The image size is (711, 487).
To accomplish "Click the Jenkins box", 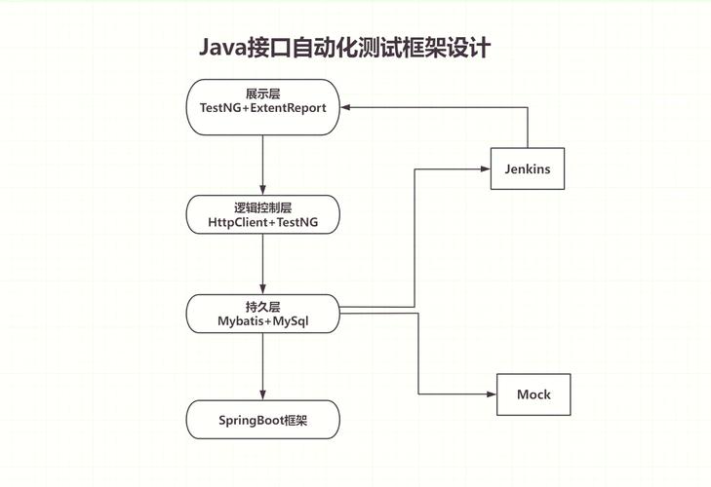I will pyautogui.click(x=528, y=169).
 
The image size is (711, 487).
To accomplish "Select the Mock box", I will pyautogui.click(x=533, y=394).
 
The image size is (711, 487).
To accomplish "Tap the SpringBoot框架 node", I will pyautogui.click(x=263, y=420).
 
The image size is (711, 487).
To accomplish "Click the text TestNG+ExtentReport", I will pyautogui.click(x=263, y=108).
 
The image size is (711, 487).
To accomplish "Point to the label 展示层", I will pyautogui.click(x=263, y=93).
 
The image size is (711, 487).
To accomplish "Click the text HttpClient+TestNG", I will pyautogui.click(x=263, y=223).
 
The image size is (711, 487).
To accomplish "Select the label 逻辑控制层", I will pyautogui.click(x=263, y=207).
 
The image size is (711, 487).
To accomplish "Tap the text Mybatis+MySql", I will pyautogui.click(x=263, y=319).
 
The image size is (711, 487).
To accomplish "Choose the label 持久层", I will pyautogui.click(x=263, y=304).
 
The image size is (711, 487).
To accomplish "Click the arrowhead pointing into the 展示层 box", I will pyautogui.click(x=347, y=107).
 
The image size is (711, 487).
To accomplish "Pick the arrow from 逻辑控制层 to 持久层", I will pyautogui.click(x=263, y=263).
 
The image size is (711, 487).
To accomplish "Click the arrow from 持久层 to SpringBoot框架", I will pyautogui.click(x=263, y=365).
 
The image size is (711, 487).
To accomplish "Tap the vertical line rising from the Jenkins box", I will pyautogui.click(x=528, y=128).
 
